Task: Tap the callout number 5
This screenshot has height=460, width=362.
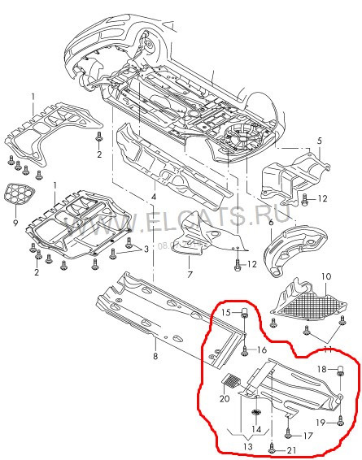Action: click(320, 141)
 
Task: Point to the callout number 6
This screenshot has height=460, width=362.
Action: click(270, 222)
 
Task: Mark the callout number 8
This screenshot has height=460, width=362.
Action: click(155, 354)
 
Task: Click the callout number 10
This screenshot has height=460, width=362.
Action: click(325, 277)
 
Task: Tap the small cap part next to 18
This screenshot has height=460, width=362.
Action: click(342, 371)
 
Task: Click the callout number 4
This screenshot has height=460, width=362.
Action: click(154, 197)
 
